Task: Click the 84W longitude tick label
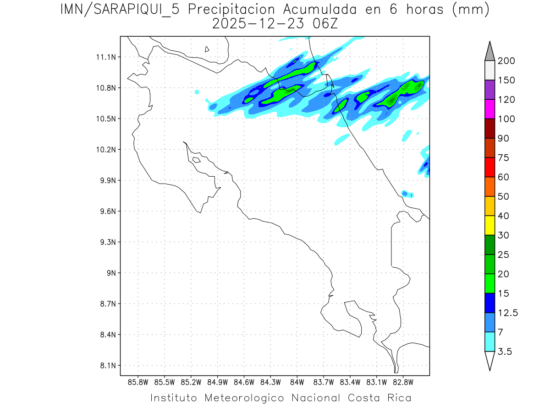297,382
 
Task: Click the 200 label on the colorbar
506,61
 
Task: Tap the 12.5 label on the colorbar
508,313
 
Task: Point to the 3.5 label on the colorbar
505,352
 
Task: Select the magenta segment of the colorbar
489,109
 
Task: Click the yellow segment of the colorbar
489,225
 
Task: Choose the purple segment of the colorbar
489,90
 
